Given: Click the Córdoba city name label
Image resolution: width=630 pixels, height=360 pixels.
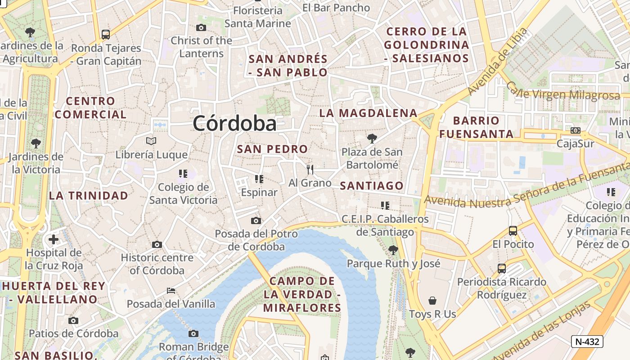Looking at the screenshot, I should click(234, 123).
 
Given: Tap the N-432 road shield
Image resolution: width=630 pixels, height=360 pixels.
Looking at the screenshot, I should click(587, 342).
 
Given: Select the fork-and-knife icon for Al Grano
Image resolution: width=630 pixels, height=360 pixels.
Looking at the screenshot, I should click(310, 170).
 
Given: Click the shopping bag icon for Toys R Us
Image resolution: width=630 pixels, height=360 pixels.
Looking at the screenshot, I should click(432, 301).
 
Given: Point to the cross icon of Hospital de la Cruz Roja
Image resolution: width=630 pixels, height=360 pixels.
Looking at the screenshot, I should click(54, 239).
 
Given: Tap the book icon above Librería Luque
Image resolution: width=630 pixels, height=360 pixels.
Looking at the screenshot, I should click(151, 141).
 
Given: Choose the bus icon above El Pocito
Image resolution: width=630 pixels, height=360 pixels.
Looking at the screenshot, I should click(513, 231).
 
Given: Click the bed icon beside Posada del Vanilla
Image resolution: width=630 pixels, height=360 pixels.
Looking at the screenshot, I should click(171, 290).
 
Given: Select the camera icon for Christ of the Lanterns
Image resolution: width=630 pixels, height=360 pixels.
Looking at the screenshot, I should click(201, 27).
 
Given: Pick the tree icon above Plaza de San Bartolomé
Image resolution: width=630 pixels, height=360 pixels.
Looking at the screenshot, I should click(371, 138).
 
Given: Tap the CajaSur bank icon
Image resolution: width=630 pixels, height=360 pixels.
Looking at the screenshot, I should click(575, 130).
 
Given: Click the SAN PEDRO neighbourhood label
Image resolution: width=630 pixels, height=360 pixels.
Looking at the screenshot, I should click(272, 149).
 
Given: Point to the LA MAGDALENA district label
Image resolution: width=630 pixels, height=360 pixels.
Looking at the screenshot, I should click(368, 113).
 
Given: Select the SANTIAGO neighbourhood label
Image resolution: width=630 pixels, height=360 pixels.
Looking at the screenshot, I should click(372, 185).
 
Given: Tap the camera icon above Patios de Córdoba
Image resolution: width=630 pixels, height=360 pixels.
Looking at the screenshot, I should click(73, 320).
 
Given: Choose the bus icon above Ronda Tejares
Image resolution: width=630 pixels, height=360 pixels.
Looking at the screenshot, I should click(106, 34).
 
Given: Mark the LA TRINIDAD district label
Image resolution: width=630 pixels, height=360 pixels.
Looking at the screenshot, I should click(89, 196).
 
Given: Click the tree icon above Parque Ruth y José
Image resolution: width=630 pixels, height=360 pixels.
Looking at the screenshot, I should click(393, 250).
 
